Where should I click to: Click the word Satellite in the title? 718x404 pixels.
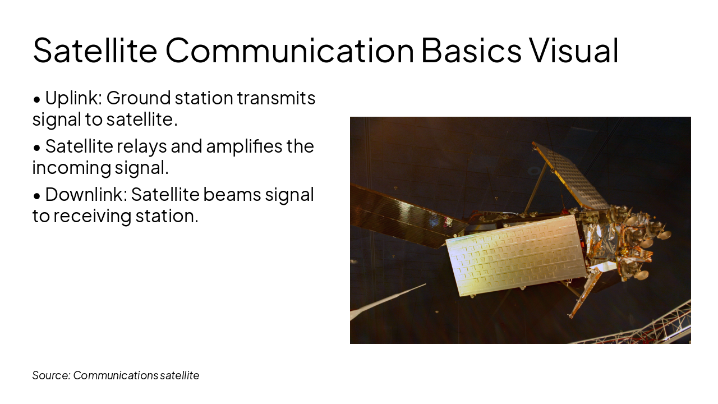(x=95, y=50)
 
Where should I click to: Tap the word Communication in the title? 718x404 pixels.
(x=290, y=50)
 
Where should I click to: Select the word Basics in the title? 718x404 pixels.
(x=471, y=50)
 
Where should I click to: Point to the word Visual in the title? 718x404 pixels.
(x=573, y=50)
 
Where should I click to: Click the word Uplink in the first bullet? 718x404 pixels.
(x=73, y=98)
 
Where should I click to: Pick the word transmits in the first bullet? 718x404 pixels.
(x=277, y=98)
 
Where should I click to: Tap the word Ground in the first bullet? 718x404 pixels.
(x=139, y=98)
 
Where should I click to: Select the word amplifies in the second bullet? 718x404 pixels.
(x=244, y=146)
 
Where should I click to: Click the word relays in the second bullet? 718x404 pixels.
(x=142, y=148)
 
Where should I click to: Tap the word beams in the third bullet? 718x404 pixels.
(x=232, y=195)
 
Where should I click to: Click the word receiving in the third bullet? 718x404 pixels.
(x=93, y=217)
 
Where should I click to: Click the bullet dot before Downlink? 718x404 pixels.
(x=37, y=196)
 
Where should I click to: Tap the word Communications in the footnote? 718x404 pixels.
(x=116, y=375)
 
